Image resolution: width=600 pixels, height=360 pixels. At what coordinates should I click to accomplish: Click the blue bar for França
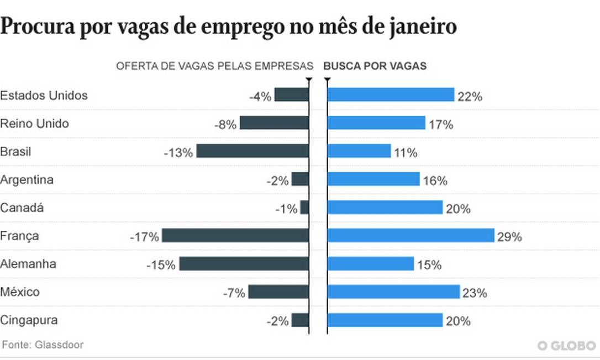pos(410,236)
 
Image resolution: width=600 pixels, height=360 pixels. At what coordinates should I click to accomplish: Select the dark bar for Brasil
pos(252,151)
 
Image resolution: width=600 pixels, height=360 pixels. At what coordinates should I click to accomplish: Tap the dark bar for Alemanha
pos(244,264)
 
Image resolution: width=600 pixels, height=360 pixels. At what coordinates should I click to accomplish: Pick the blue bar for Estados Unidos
pos(391,95)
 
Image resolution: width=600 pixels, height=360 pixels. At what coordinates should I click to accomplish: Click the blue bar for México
pos(393,292)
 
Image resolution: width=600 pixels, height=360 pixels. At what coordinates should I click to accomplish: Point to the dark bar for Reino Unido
pos(274,123)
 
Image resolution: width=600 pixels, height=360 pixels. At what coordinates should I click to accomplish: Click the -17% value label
pos(144,237)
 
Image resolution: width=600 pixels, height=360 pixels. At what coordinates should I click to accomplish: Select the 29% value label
pos(509,237)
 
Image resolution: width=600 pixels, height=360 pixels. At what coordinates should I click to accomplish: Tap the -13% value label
pos(178,152)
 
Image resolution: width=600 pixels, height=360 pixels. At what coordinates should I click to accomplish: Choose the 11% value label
pos(406,152)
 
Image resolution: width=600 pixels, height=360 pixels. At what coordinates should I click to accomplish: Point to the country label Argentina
pos(27,179)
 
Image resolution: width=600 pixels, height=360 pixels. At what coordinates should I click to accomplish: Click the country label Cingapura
pos(29,320)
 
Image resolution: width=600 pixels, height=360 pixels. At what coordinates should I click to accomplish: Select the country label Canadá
pos(22,208)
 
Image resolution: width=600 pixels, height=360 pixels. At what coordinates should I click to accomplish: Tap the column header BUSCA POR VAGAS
pos(375,66)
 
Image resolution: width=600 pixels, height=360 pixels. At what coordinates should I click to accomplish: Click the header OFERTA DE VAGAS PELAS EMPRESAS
pos(214,66)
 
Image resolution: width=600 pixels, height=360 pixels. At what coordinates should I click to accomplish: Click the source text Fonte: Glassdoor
pos(43,345)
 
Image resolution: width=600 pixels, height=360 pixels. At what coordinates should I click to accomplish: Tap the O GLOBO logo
pos(567,345)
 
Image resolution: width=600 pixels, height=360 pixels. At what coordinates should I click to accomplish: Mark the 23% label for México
pos(475,293)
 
